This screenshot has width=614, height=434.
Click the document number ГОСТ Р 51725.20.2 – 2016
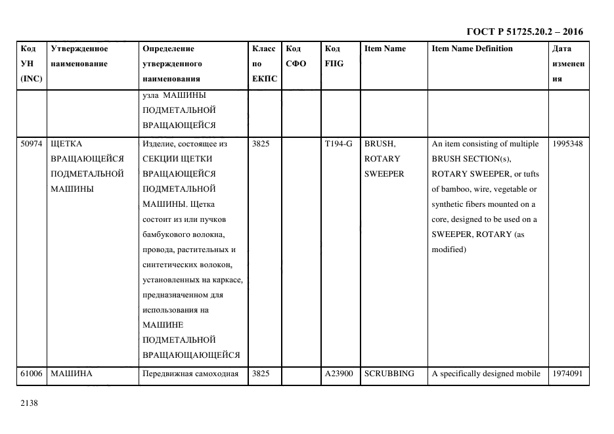click(x=524, y=32)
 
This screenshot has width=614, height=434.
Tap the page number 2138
click(x=30, y=403)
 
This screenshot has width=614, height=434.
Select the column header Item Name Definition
click(x=472, y=49)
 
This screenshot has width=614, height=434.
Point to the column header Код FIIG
click(x=334, y=56)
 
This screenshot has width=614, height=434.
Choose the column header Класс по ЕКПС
click(x=265, y=64)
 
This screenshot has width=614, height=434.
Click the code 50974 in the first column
click(x=32, y=144)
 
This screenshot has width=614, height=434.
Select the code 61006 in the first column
click(x=32, y=374)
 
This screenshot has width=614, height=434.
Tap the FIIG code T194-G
click(x=338, y=144)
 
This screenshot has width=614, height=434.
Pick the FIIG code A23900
click(x=339, y=374)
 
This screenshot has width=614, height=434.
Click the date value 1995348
click(x=567, y=144)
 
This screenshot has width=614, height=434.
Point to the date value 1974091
click(x=567, y=374)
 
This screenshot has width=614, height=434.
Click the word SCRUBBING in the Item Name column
click(x=389, y=374)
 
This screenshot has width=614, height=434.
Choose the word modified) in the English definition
click(x=449, y=250)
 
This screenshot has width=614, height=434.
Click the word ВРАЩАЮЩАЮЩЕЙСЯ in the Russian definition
click(x=191, y=355)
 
